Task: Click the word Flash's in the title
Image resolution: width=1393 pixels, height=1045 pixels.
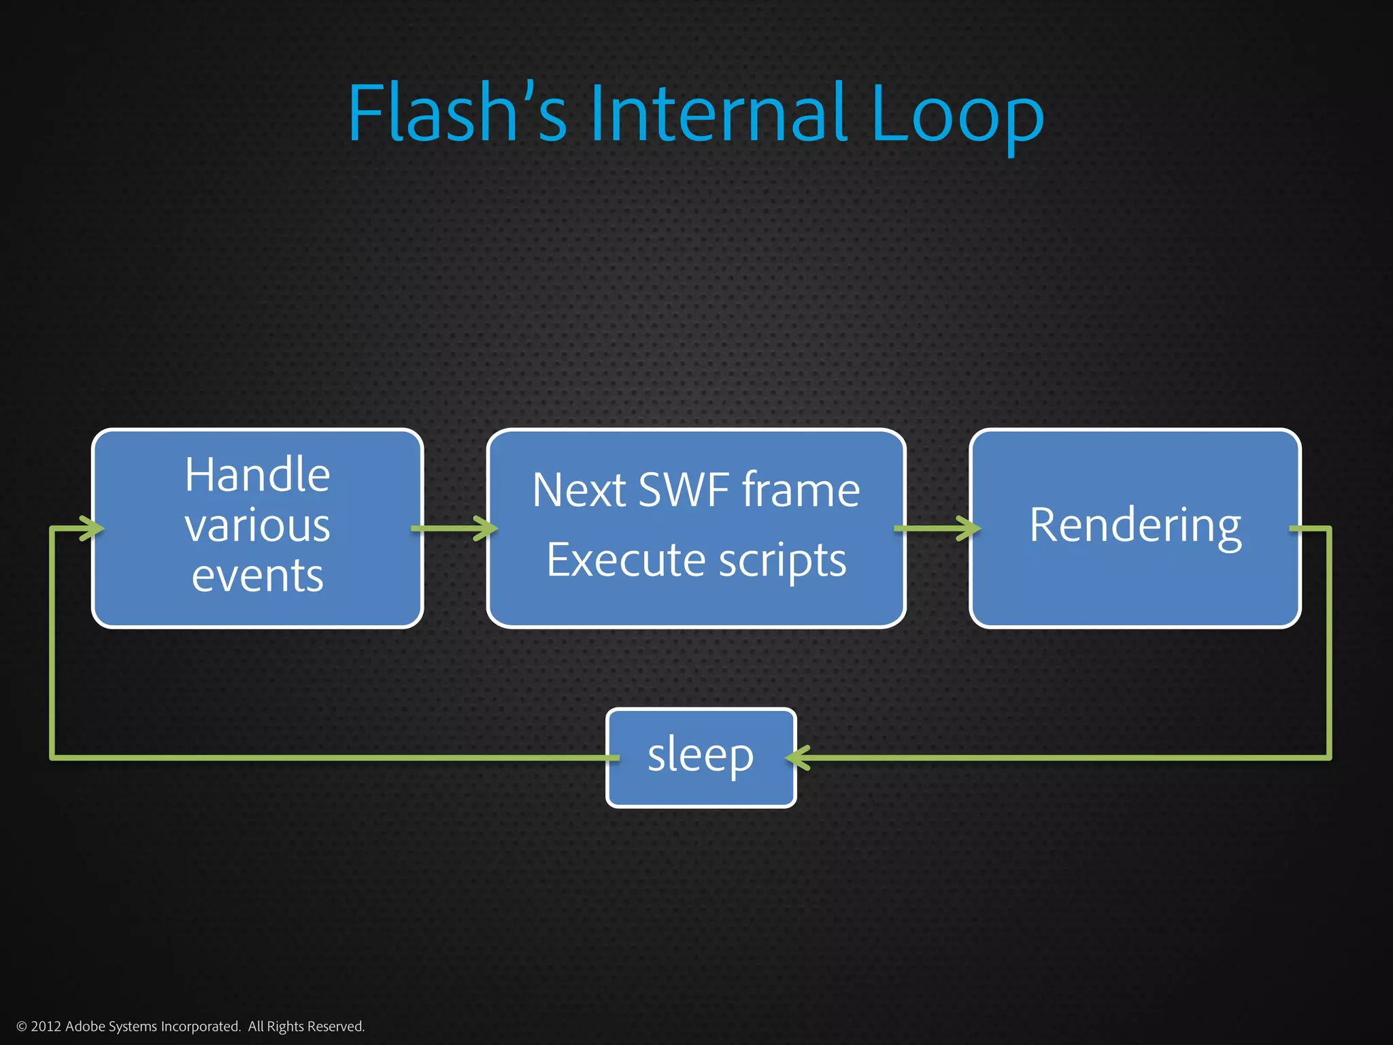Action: click(457, 112)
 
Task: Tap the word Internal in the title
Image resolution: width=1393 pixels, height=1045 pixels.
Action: click(719, 112)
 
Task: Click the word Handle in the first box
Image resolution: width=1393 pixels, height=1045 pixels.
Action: click(257, 474)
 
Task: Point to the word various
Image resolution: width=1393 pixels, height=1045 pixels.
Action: click(257, 526)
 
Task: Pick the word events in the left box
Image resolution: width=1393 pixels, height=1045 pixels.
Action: click(257, 576)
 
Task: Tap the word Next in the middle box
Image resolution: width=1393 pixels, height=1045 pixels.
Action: click(578, 490)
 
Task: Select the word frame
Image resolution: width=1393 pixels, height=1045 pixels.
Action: click(801, 490)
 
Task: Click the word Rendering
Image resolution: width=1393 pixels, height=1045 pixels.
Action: click(1135, 526)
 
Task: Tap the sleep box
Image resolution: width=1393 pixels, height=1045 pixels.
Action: click(701, 757)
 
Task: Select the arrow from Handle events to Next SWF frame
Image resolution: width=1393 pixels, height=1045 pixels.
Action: click(454, 529)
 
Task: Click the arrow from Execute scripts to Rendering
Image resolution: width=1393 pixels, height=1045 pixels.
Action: click(937, 529)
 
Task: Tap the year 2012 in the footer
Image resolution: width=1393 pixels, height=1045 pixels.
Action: click(46, 1027)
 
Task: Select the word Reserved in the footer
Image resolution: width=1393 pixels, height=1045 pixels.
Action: click(338, 1027)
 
